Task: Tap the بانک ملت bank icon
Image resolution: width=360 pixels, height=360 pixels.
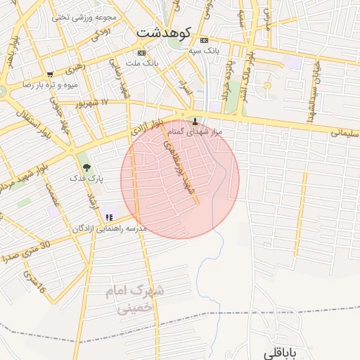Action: click(142, 53)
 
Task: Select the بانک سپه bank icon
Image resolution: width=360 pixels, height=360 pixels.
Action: click(205, 40)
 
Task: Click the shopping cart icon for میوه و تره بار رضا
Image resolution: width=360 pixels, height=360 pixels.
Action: click(49, 74)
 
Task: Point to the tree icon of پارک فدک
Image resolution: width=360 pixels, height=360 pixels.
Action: click(87, 167)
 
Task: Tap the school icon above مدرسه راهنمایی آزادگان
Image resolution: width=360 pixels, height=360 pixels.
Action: click(108, 217)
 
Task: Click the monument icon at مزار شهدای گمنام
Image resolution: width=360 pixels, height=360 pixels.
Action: click(195, 121)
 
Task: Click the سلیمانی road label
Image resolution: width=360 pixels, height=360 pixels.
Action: click(345, 131)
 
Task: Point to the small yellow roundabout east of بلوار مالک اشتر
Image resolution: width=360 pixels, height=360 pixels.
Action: click(267, 86)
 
